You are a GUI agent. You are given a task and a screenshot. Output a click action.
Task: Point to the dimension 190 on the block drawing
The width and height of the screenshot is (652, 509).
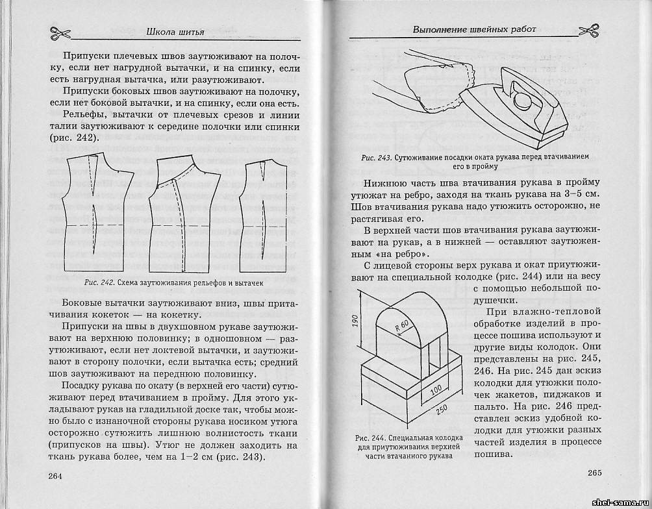357,322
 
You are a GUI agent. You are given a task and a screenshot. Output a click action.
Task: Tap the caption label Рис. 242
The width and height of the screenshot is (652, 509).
99,282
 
